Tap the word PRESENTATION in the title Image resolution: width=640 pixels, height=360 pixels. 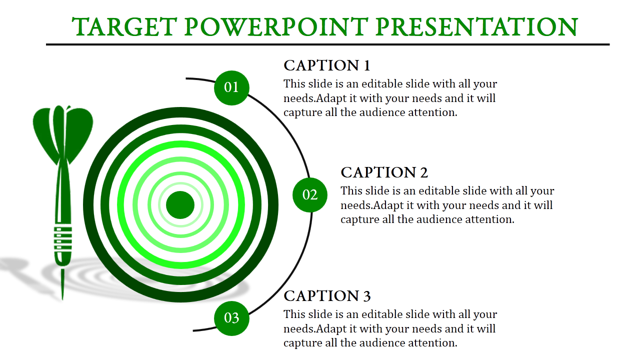click(477, 27)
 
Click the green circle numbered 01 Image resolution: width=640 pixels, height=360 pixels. click(231, 87)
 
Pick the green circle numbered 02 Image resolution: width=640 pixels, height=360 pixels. click(310, 195)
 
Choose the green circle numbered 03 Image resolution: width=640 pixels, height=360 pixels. click(231, 318)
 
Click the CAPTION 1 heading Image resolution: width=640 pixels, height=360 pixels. click(327, 65)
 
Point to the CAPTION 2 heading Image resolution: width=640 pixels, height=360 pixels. click(384, 172)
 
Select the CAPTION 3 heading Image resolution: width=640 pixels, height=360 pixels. click(327, 295)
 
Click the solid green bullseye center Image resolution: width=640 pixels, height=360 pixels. click(180, 205)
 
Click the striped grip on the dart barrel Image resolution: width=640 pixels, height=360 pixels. click(63, 239)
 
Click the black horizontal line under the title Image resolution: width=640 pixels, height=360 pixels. click(327, 44)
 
